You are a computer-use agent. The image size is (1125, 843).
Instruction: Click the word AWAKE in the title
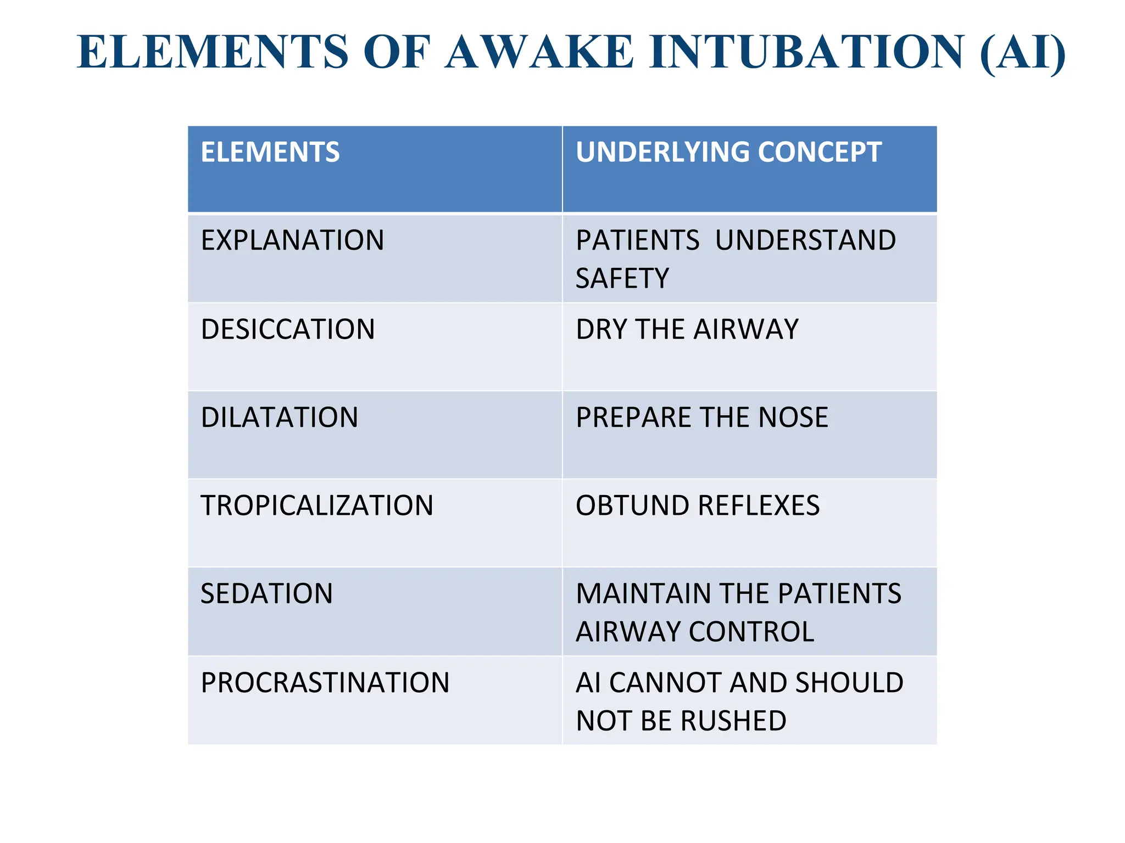click(539, 52)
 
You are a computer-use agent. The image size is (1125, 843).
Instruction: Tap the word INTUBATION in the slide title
click(806, 52)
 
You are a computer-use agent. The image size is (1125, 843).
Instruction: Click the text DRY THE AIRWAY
click(687, 329)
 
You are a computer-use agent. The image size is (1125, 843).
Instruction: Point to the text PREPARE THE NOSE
click(702, 417)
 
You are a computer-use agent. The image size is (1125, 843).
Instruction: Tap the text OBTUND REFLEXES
click(698, 505)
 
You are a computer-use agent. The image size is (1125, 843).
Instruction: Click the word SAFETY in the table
click(622, 278)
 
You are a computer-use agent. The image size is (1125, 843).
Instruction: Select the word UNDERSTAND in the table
click(805, 240)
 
